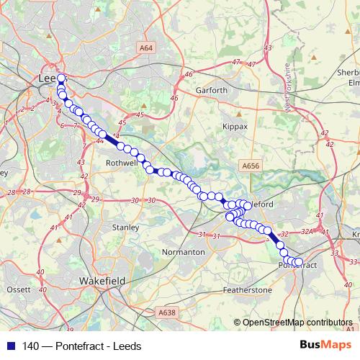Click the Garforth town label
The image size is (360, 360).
[x=212, y=91]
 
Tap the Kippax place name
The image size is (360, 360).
[x=235, y=126]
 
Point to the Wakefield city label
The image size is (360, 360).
[x=102, y=280]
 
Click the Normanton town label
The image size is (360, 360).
[x=184, y=253]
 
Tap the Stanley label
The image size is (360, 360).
[x=125, y=228]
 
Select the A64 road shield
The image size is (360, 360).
[x=147, y=48]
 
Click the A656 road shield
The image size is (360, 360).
[x=251, y=166]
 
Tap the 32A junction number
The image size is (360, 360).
[x=307, y=232]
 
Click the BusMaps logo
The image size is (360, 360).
[x=329, y=346]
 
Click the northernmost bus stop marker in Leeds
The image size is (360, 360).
[x=61, y=79]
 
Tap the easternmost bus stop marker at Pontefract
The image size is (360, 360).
[x=299, y=262]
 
